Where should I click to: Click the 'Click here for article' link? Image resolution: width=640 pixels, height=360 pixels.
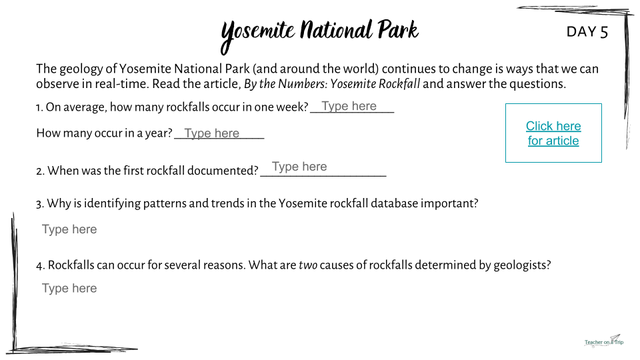(x=553, y=133)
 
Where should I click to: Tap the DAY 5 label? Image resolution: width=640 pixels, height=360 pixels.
(x=587, y=32)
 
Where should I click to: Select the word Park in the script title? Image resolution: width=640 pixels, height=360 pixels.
(x=398, y=30)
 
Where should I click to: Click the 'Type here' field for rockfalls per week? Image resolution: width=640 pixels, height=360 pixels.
(x=349, y=106)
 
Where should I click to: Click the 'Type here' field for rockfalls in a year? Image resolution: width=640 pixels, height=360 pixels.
(x=212, y=133)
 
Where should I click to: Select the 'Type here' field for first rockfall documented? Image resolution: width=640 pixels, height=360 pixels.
(x=299, y=167)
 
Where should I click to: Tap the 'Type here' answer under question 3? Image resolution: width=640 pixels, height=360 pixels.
(x=69, y=229)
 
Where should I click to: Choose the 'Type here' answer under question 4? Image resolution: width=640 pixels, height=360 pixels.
(x=69, y=289)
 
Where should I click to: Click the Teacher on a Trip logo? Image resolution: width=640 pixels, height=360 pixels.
(x=604, y=341)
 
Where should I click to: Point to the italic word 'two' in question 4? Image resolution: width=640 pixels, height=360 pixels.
(x=308, y=265)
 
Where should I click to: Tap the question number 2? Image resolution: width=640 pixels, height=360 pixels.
(x=40, y=171)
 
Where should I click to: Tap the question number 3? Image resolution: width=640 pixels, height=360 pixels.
(x=39, y=204)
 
